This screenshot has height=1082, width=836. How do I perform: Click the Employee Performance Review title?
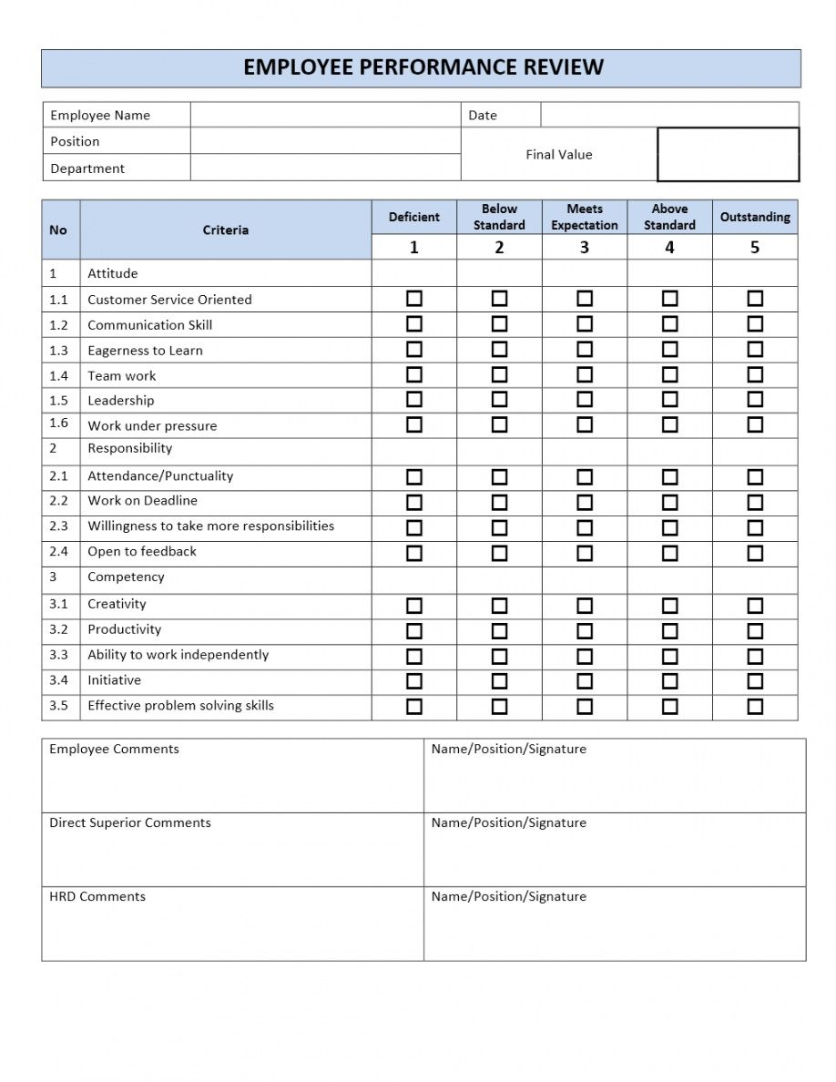423,67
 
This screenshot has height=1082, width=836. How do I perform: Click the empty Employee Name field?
325,115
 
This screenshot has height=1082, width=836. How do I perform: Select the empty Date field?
669,115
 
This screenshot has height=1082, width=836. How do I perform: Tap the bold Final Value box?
728,155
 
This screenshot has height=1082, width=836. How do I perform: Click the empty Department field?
325,168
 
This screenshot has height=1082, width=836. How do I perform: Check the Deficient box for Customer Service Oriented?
414,299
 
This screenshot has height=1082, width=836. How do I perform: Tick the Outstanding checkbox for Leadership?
755,400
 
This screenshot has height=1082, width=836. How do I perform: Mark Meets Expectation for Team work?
585,374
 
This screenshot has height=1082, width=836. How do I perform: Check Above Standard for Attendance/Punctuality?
669,476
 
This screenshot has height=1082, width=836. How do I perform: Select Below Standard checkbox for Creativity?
499,605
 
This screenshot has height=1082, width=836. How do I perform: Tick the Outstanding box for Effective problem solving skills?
755,706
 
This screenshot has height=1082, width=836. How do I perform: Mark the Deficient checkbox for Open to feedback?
414,553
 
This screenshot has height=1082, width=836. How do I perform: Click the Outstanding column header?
755,217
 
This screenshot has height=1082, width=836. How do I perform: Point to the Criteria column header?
225,230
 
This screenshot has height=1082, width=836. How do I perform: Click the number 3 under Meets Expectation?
585,248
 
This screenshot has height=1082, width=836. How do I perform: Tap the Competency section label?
126,577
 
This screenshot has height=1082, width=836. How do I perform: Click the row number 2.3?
59,526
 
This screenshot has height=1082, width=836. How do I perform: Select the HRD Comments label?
97,897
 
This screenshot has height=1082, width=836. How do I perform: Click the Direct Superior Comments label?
130,823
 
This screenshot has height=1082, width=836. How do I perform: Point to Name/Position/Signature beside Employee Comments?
509,750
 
